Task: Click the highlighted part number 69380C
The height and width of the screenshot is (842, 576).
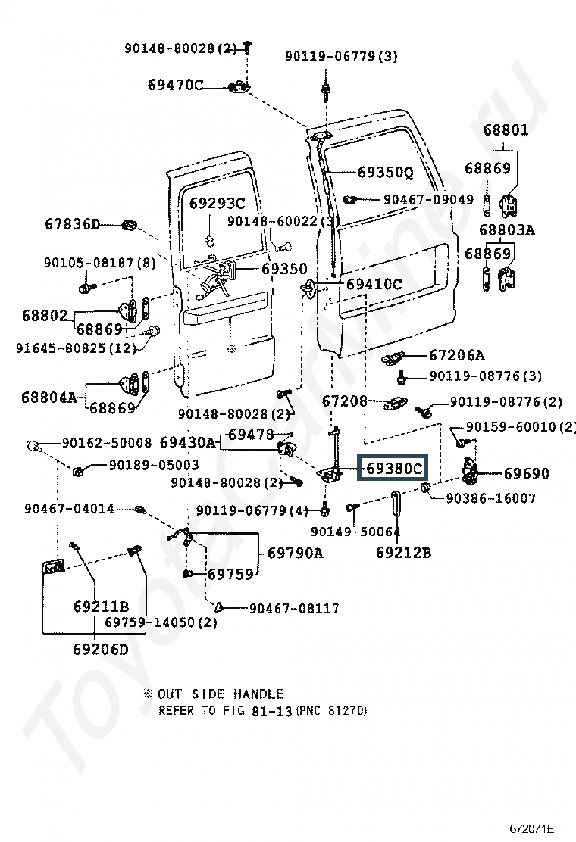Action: pos(393,469)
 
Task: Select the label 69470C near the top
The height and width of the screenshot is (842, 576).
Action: pos(175,85)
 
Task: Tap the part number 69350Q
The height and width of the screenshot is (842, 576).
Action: pos(385,173)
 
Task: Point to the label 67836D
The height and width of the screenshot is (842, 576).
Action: pos(72,224)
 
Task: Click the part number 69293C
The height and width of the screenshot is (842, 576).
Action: pos(217,203)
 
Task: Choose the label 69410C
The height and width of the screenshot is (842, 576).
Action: pos(374,285)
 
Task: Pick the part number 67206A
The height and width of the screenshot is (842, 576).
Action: pos(456,355)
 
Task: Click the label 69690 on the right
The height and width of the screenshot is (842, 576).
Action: pos(527,474)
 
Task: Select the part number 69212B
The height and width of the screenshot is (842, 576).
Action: pos(403,553)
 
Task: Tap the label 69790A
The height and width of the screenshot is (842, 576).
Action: pos(295,553)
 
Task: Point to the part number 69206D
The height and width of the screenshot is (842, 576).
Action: pos(101,649)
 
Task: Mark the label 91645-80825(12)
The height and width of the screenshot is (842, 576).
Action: pos(76,348)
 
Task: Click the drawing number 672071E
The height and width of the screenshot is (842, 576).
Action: pos(532,828)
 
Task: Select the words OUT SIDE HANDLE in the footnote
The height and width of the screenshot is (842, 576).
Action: pos(221,694)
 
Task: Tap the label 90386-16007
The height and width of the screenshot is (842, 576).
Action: pos(491,497)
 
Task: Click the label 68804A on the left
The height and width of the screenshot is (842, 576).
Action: pos(49,397)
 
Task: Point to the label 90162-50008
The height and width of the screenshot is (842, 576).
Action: pos(107,442)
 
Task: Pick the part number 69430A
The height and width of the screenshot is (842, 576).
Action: pos(188,442)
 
